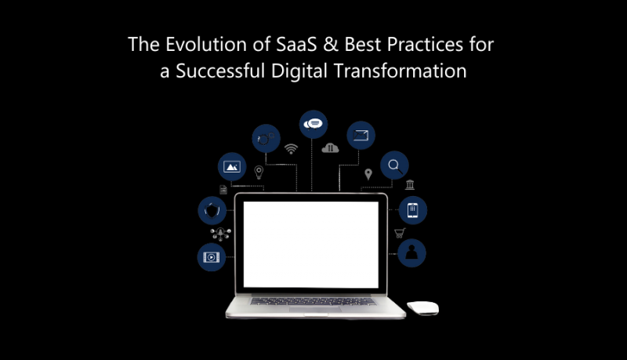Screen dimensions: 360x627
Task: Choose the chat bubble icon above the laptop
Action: click(313, 124)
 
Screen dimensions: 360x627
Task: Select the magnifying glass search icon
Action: click(394, 165)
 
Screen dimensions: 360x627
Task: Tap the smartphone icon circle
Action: click(412, 210)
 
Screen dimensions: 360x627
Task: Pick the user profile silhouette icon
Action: click(412, 253)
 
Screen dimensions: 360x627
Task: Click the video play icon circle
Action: click(212, 256)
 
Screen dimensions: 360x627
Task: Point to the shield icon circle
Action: click(212, 210)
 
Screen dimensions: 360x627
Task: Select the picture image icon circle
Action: click(232, 166)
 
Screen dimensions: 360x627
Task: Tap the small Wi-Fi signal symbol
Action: click(292, 148)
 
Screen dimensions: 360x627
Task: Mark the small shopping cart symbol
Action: click(398, 233)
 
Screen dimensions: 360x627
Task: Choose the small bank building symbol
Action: click(410, 185)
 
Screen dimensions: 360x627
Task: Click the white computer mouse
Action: click(422, 307)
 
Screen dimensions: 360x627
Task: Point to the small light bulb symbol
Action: click(259, 172)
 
